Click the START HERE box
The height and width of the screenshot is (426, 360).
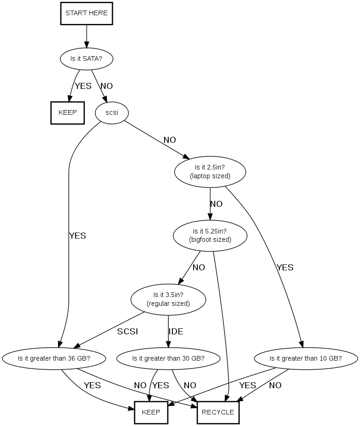coord(87,13)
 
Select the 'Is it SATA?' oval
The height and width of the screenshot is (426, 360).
coord(87,58)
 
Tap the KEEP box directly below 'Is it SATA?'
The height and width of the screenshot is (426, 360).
coord(67,113)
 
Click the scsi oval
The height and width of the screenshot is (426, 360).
coord(112,113)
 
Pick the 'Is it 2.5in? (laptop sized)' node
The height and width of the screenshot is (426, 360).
coord(210,172)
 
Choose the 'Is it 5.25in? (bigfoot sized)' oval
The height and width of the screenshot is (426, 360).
coord(210,235)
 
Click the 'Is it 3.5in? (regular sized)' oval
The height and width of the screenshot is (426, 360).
coord(168,299)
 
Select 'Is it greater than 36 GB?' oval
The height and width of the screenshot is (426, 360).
coord(54,358)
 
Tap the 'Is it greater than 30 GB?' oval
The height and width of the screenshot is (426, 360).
coord(168,358)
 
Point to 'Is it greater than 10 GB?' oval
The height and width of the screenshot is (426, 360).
coord(306,358)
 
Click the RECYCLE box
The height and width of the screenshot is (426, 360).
coord(218,413)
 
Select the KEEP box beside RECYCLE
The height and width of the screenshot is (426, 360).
coord(151,413)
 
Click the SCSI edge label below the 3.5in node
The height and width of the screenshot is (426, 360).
coord(128,332)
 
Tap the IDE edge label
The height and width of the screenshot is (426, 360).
coord(176,332)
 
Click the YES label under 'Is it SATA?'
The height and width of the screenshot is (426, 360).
coord(83,86)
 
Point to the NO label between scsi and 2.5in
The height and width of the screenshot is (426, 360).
coord(170,140)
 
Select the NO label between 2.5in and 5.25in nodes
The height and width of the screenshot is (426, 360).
coord(217,204)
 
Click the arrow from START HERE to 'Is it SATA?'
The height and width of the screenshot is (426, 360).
coord(87,36)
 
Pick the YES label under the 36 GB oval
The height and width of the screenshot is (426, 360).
coord(93,385)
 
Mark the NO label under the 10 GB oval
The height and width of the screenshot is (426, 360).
coord(275,385)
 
